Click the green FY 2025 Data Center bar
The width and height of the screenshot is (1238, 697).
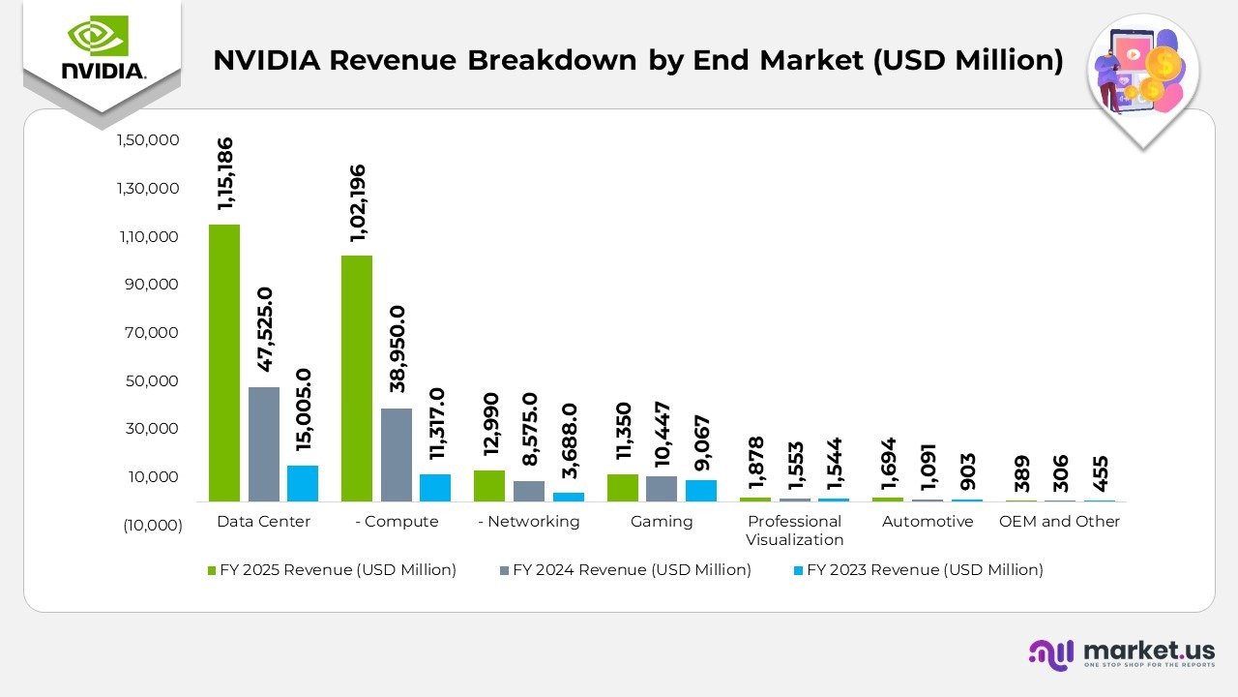(x=224, y=363)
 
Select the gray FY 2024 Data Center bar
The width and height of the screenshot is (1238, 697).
(x=263, y=444)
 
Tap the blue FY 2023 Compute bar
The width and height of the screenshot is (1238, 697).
(x=434, y=488)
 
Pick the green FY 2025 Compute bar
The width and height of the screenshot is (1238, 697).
(x=357, y=379)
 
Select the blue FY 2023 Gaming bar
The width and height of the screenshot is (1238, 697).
(x=700, y=491)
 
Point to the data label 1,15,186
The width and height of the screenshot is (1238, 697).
(x=225, y=174)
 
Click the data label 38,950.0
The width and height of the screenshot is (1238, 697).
(x=397, y=348)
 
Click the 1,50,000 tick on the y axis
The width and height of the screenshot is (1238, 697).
(x=148, y=140)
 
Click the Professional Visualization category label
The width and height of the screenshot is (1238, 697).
(x=794, y=530)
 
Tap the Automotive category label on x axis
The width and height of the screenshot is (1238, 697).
(x=927, y=522)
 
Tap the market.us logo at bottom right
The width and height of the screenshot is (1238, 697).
(x=1122, y=653)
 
